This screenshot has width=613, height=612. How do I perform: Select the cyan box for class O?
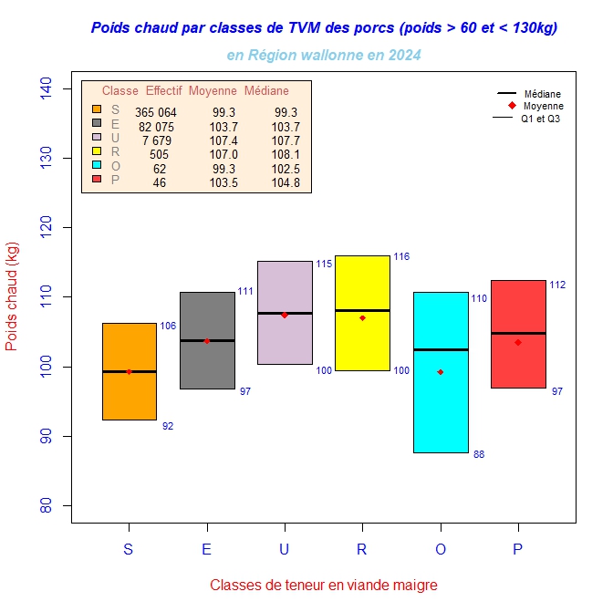tap(441, 401)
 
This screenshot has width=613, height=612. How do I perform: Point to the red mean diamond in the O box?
tap(441, 372)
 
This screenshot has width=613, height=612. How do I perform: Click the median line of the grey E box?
tap(207, 340)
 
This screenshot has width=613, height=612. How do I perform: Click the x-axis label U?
tap(285, 549)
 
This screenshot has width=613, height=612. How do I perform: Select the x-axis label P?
tap(518, 549)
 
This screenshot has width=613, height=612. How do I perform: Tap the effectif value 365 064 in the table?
tap(156, 112)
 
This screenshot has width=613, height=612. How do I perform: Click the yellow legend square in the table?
tap(97, 150)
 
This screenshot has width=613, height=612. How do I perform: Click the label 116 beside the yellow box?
tap(401, 257)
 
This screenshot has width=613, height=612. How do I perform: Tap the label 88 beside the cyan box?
tap(479, 454)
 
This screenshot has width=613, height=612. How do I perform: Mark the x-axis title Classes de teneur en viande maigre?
tap(324, 585)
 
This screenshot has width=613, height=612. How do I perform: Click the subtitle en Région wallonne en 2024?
tap(324, 56)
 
